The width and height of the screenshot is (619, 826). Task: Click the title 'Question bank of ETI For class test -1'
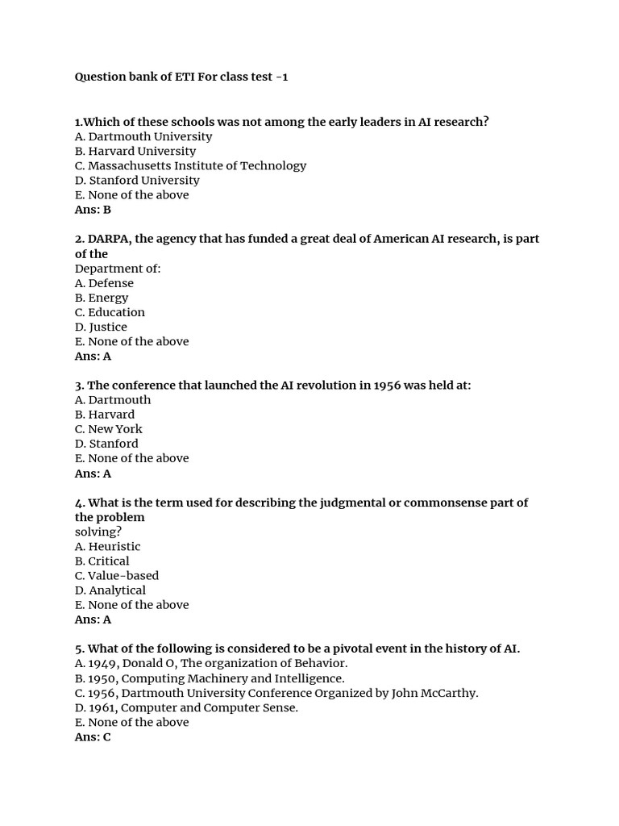click(181, 77)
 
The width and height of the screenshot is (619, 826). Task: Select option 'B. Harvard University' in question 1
click(135, 151)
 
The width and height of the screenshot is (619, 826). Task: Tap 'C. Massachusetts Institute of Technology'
click(190, 165)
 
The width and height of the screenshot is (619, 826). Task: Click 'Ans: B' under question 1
click(93, 210)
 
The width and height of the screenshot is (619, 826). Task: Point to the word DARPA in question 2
click(110, 239)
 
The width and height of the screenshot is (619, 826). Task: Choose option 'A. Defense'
click(104, 283)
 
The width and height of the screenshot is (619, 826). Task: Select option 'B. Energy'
click(102, 298)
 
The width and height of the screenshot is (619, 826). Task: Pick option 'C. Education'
click(110, 312)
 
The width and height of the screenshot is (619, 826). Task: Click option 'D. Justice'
click(101, 327)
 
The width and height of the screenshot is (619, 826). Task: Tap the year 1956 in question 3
click(390, 386)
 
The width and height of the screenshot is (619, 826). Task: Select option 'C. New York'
click(108, 429)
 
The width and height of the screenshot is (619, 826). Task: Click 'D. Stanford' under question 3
click(106, 444)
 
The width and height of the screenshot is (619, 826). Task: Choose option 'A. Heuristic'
click(107, 546)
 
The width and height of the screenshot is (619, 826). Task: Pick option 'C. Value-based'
click(117, 575)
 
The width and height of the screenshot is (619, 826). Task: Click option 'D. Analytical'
click(110, 590)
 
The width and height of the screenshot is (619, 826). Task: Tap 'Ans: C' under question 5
click(93, 737)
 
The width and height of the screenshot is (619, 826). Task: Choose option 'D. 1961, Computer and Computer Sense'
click(186, 707)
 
